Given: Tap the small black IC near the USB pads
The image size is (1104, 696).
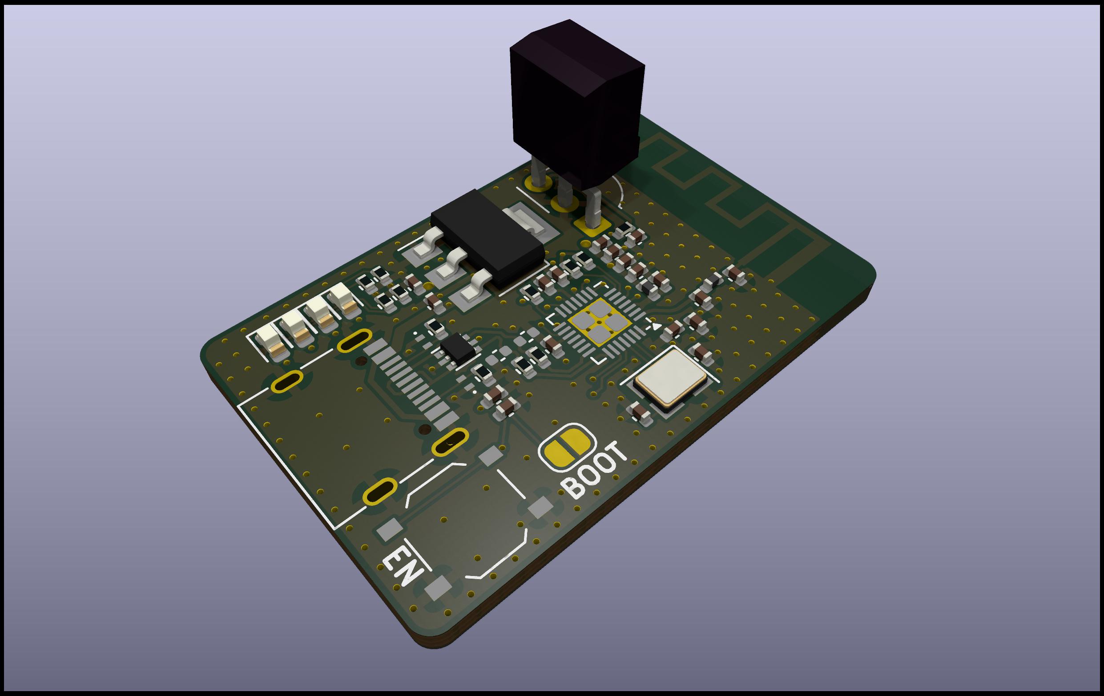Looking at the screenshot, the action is pos(458,349).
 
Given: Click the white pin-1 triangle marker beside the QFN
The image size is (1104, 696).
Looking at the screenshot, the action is pos(657,326).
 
